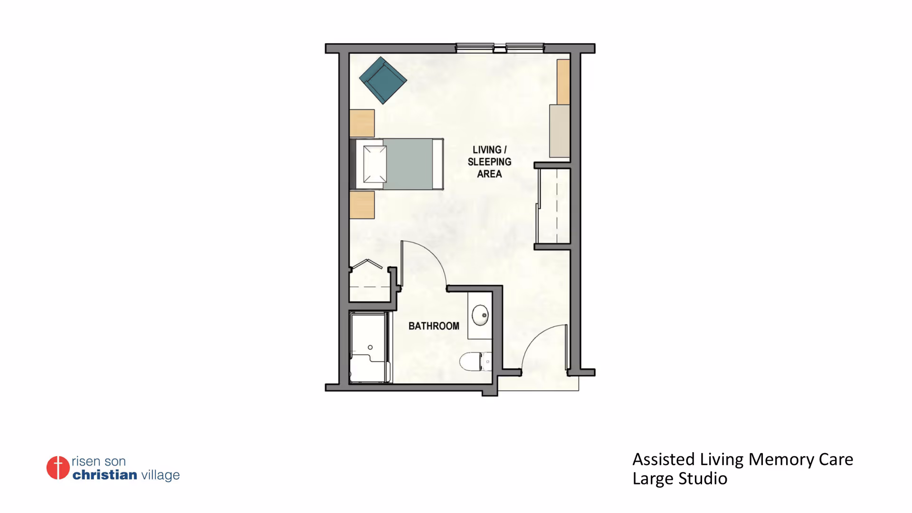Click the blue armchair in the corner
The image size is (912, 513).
pos(383,80)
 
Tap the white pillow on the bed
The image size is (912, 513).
pos(375,164)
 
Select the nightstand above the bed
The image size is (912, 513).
pos(362,123)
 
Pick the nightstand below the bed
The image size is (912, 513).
pos(362,205)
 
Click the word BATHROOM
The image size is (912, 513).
pos(434,326)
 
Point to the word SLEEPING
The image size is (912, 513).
pos(489,162)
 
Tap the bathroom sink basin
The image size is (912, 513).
pos(480,315)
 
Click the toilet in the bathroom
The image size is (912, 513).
pos(475,361)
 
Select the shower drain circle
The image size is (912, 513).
pos(370,347)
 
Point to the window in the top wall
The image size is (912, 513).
pos(500,47)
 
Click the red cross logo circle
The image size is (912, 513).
pos(58,468)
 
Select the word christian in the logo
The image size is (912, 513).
pos(104,475)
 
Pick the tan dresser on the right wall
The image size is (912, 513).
pos(563,82)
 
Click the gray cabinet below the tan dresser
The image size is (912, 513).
pos(560,131)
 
